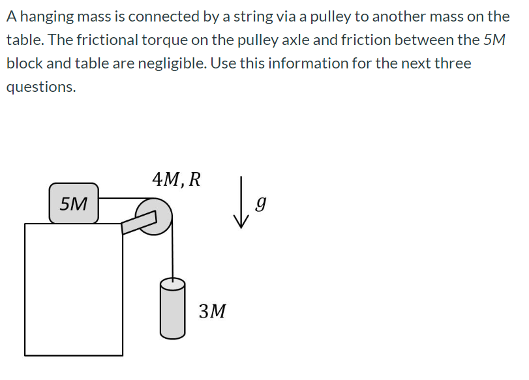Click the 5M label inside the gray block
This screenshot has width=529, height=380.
(x=74, y=203)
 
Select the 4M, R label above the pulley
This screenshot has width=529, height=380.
(x=176, y=178)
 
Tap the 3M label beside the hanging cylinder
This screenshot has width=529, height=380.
(x=213, y=311)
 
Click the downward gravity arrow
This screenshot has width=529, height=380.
(x=242, y=203)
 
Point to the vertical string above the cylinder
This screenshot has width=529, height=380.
(x=172, y=254)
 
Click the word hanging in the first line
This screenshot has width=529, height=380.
(x=46, y=16)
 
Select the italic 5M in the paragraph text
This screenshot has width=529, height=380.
(x=494, y=40)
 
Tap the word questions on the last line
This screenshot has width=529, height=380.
(x=40, y=87)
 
